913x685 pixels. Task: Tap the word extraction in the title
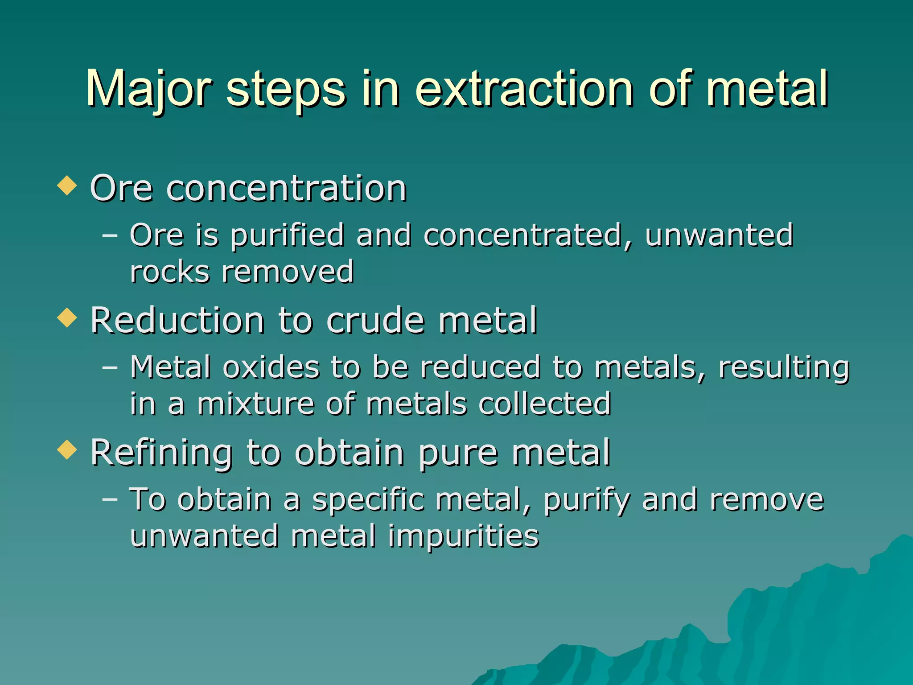(x=524, y=89)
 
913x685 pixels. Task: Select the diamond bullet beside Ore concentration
(x=67, y=185)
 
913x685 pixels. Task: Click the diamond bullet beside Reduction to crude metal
(x=67, y=318)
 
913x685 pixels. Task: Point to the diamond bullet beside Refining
(x=67, y=449)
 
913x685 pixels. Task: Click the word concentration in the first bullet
(x=286, y=189)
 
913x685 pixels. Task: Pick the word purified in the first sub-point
(x=287, y=235)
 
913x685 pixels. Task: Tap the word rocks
(x=169, y=272)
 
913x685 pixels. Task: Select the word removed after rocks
(x=288, y=272)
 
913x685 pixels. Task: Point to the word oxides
(x=271, y=367)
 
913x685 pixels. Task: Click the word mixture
(x=256, y=404)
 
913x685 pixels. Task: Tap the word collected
(x=544, y=404)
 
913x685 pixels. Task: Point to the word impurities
(x=464, y=536)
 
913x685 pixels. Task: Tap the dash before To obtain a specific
(x=110, y=499)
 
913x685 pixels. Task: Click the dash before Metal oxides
(x=110, y=368)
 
